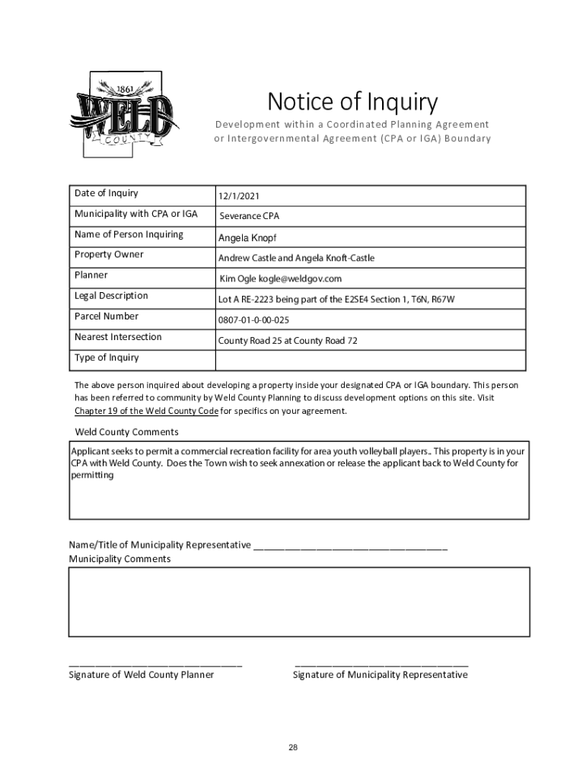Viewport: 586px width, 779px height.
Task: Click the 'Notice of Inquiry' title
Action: [352, 101]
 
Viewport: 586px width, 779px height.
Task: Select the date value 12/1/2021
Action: [240, 196]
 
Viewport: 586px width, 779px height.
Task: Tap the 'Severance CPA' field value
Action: [250, 217]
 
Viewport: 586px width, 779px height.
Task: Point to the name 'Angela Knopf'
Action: [247, 238]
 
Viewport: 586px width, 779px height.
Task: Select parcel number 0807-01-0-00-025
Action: [253, 320]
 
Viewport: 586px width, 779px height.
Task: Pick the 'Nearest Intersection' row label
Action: [118, 336]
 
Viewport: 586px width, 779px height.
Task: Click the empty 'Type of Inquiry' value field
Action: [369, 360]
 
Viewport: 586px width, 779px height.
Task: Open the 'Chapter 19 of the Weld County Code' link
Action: [146, 411]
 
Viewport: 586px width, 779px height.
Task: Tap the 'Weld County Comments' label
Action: [126, 432]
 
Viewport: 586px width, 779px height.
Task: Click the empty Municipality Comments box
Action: [299, 601]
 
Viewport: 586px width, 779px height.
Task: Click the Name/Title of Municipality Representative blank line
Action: [350, 545]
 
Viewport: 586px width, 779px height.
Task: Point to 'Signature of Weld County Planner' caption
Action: [141, 675]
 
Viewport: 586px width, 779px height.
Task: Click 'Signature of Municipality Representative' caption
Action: [380, 675]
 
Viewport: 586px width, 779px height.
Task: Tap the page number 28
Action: [293, 748]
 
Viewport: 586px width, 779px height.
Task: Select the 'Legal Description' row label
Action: [111, 295]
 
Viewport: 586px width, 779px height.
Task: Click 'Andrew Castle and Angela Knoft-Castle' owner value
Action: [296, 259]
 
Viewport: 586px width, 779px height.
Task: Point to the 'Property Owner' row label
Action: [109, 254]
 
